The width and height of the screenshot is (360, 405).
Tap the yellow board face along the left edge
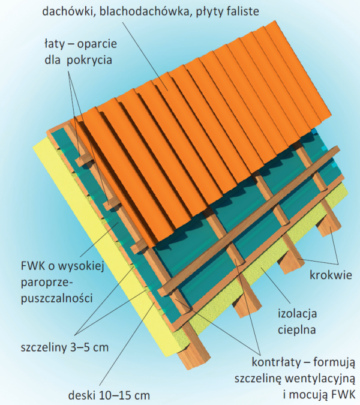[x=90, y=240]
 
